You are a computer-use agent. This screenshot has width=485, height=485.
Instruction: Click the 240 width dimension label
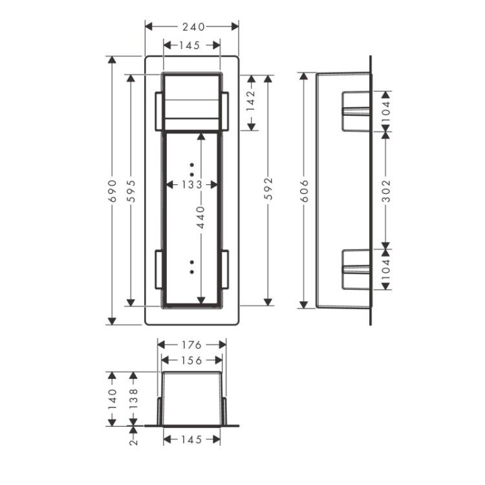click(193, 27)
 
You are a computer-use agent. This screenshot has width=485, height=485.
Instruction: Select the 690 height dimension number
click(113, 191)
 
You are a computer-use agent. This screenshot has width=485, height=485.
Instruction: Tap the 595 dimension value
click(132, 191)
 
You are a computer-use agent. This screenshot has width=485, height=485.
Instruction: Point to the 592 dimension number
click(269, 188)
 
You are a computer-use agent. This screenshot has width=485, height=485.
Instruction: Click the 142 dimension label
click(251, 100)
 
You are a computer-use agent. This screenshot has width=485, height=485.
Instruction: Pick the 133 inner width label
click(191, 185)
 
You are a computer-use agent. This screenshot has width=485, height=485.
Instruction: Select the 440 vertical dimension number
click(201, 217)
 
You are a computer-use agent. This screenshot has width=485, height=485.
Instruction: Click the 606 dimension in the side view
click(305, 191)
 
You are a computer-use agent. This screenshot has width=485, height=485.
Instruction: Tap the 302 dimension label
click(386, 191)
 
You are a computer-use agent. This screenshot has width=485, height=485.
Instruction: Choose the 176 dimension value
click(191, 345)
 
